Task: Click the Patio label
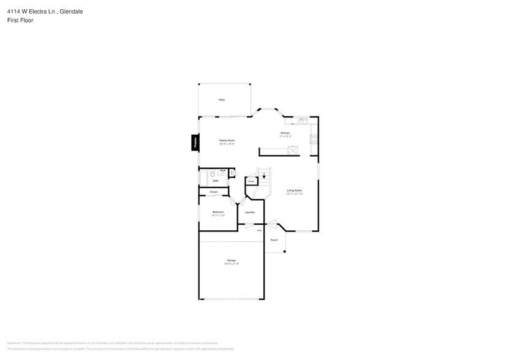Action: click(221, 100)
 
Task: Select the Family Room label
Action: click(227, 140)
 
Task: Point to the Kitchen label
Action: click(285, 133)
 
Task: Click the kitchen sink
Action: click(303, 121)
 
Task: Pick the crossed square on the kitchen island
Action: click(293, 149)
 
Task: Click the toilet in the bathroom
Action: click(213, 174)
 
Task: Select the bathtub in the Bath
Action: click(203, 178)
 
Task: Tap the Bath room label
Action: click(216, 181)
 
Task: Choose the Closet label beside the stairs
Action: click(251, 182)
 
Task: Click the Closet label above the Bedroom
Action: click(214, 192)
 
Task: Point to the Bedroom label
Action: click(218, 212)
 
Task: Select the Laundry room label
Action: click(250, 212)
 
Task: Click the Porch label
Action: click(274, 239)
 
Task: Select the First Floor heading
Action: click(20, 20)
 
